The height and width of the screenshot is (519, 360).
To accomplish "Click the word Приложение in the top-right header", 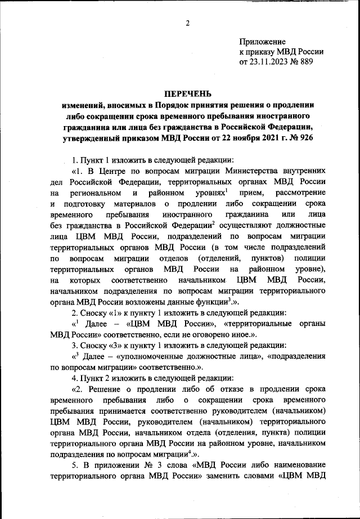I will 263,42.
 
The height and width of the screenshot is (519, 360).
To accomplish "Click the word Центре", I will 114,171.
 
